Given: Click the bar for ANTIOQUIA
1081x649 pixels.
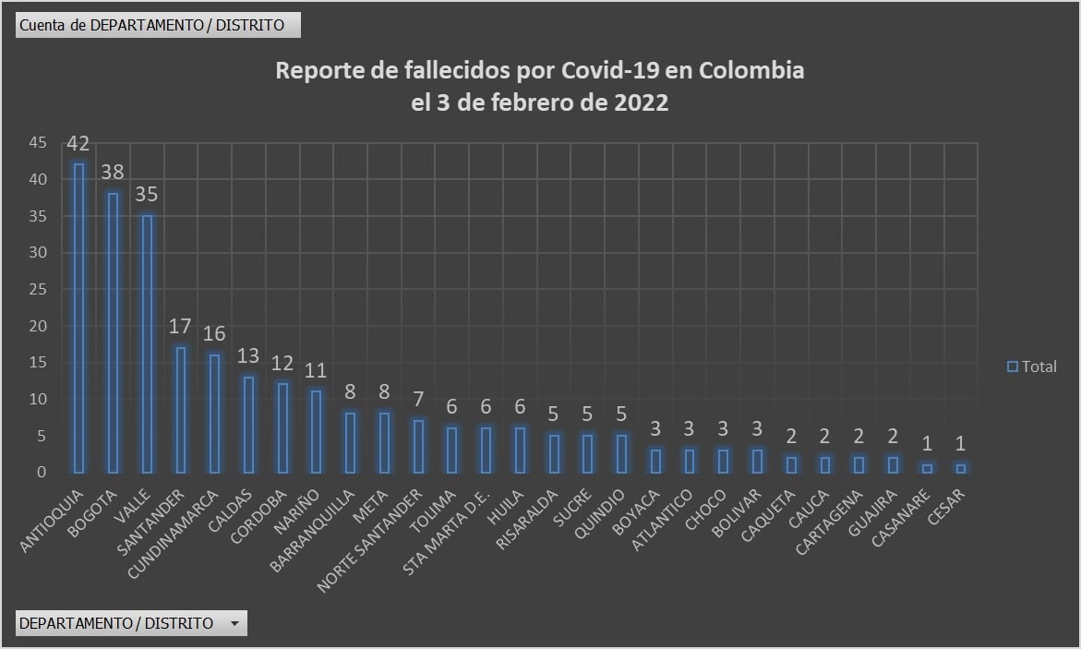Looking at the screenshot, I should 78,318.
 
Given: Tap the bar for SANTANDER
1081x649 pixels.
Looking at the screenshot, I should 180,409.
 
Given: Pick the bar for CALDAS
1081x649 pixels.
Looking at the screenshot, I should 247,424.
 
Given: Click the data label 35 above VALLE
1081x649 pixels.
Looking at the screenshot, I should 146,195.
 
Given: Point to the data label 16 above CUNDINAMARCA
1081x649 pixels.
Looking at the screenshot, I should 213,333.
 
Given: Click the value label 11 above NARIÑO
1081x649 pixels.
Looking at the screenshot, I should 316,370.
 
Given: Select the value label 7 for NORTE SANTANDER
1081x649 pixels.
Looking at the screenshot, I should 417,400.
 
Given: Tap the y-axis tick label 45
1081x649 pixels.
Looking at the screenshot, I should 37,143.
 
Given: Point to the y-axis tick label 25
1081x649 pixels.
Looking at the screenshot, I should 37,290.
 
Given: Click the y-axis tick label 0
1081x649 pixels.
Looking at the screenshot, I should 41,473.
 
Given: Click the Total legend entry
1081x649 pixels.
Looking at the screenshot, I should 1031,367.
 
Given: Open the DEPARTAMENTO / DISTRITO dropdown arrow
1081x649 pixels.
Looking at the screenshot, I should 234,624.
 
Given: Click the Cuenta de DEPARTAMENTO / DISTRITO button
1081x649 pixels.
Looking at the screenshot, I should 158,25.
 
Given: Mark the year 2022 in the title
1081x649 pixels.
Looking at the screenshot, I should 641,103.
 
